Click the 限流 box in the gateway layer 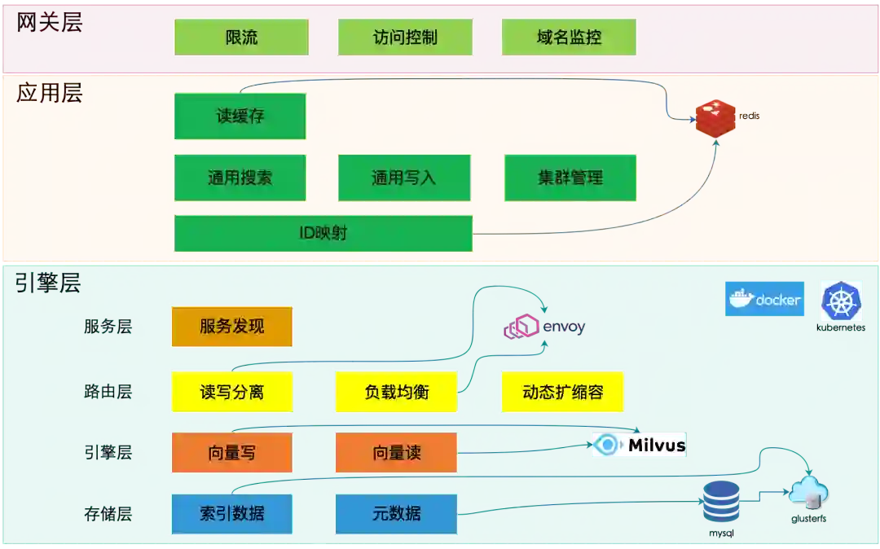coord(241,37)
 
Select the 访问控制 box coord(405,37)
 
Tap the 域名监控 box coord(569,37)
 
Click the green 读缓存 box coord(240,116)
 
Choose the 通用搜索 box coord(240,178)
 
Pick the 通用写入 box coord(404,178)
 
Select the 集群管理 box coord(570,178)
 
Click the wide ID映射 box coord(323,233)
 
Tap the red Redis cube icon coord(715,117)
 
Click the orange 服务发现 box coord(232,327)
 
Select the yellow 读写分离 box coord(232,392)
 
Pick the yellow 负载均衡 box coord(396,392)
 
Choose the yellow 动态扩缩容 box coord(563,392)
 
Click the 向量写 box coord(232,452)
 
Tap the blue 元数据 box coord(396,513)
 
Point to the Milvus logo coord(639,445)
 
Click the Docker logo coord(765,299)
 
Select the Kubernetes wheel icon coord(842,301)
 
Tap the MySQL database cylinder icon coord(721,501)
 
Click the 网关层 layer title coord(50,22)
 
